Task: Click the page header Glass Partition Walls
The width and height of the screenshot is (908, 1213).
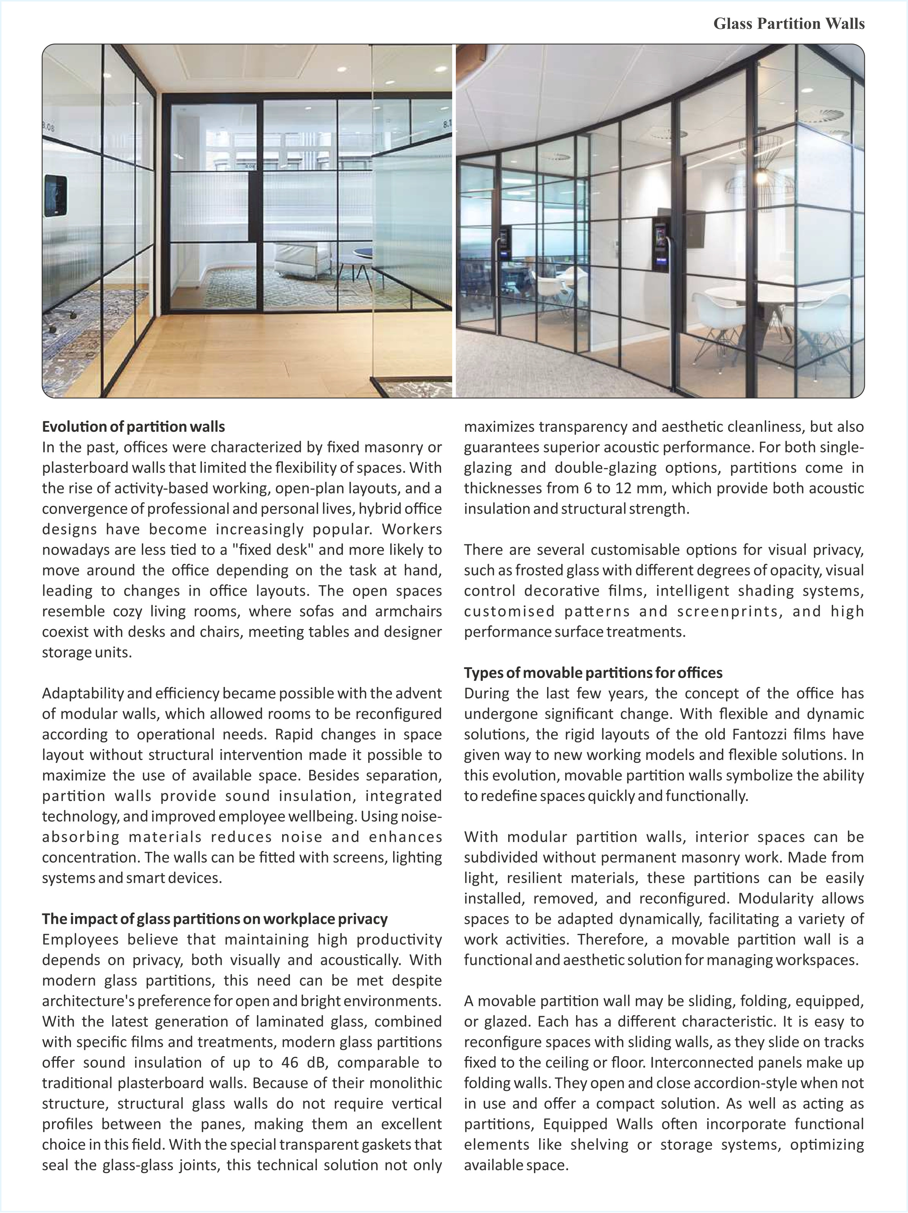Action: (789, 24)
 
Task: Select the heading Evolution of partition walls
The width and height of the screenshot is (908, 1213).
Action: (133, 427)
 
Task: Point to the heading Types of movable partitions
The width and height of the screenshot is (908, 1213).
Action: (593, 673)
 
